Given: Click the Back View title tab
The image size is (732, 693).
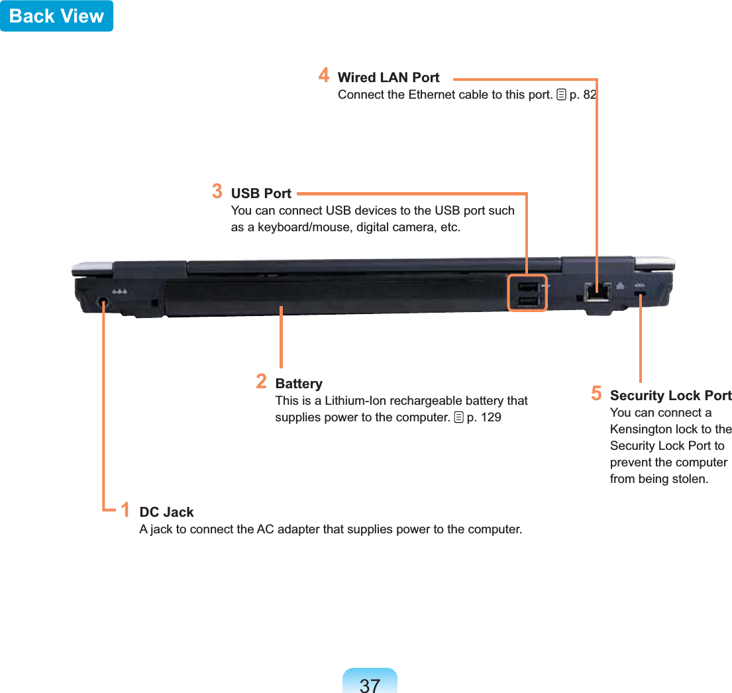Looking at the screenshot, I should (x=56, y=16).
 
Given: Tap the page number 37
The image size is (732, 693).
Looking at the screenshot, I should (x=370, y=684).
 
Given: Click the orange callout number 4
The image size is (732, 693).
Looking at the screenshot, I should (x=323, y=74).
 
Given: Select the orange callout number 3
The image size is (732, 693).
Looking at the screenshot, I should (x=217, y=191).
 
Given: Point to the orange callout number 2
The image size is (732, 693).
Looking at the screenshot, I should (x=262, y=381).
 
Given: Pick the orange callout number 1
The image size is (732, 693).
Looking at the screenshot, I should (x=125, y=509).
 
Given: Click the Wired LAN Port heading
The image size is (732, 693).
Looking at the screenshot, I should (x=388, y=78).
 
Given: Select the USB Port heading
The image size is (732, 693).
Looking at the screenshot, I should (x=261, y=193).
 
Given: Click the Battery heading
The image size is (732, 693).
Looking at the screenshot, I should (x=299, y=384).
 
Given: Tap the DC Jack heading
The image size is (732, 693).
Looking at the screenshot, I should (x=166, y=512).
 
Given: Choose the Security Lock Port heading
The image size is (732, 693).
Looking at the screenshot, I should (x=670, y=396).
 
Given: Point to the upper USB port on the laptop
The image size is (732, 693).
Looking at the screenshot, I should (x=527, y=287).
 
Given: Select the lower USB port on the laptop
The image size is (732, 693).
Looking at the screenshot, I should (x=527, y=302).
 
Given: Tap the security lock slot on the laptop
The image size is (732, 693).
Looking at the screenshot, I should (x=641, y=293).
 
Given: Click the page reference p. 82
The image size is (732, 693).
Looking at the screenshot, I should (x=582, y=94).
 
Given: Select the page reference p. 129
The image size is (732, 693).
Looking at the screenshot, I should (x=484, y=417).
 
